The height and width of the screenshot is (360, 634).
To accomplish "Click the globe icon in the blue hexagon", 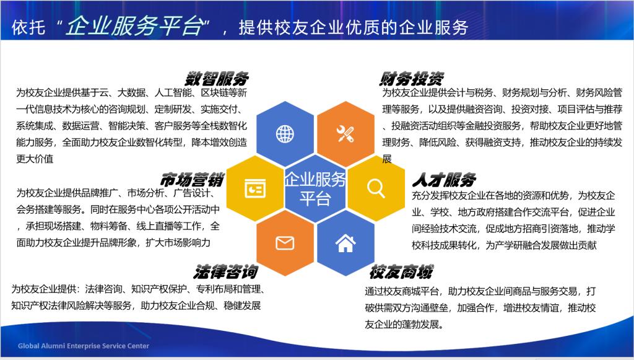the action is pyautogui.click(x=285, y=134).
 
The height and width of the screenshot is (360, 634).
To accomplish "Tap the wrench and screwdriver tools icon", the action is pyautogui.click(x=345, y=133).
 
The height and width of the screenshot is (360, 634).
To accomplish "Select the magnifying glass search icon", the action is pyautogui.click(x=376, y=188).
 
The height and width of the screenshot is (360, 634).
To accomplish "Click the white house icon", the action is pyautogui.click(x=345, y=243).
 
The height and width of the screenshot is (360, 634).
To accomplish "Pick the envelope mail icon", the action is pyautogui.click(x=285, y=243).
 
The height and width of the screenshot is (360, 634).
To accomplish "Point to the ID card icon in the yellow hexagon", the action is pyautogui.click(x=255, y=188).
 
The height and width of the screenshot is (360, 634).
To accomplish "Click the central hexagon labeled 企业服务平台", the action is pyautogui.click(x=315, y=188).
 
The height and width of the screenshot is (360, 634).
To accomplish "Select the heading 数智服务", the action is pyautogui.click(x=217, y=79).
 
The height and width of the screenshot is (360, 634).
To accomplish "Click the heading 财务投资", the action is pyautogui.click(x=412, y=79).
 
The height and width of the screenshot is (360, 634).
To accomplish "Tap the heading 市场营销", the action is pyautogui.click(x=192, y=180).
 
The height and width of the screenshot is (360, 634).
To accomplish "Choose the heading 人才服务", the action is pyautogui.click(x=444, y=180).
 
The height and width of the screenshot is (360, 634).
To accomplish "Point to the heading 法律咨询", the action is pyautogui.click(x=225, y=272).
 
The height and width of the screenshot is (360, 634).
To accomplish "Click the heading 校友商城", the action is pyautogui.click(x=401, y=272).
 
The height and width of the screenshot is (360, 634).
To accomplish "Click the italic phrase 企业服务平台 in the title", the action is pyautogui.click(x=135, y=26).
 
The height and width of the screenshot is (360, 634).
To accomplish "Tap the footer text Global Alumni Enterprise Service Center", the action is pyautogui.click(x=84, y=346).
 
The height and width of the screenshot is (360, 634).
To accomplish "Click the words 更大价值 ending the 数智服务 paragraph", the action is pyautogui.click(x=35, y=159).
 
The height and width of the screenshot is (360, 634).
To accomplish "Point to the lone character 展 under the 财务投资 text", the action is pyautogui.click(x=387, y=159).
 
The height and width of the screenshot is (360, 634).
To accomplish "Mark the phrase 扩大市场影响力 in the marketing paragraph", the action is pyautogui.click(x=178, y=243).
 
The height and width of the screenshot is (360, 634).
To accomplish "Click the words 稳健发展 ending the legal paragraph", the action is pyautogui.click(x=242, y=306).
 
